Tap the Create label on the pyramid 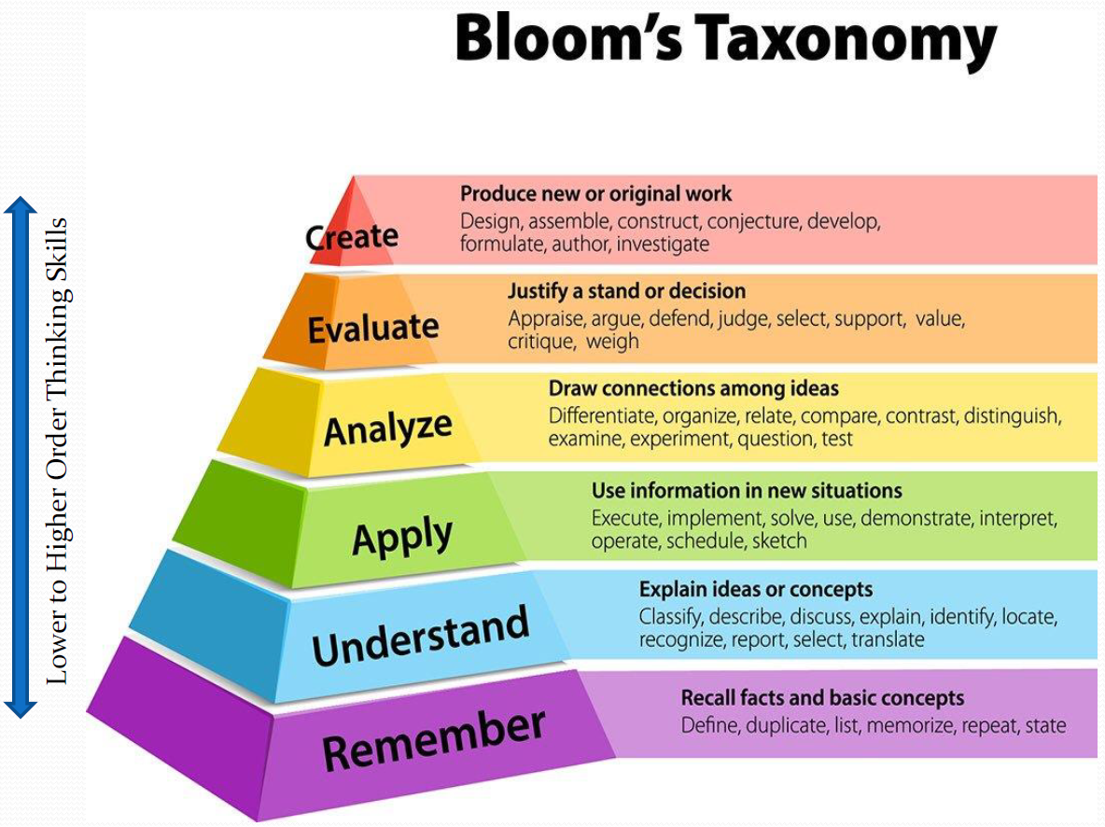tap(352, 237)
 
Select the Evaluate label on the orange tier tap(373, 328)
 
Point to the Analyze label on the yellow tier tap(387, 428)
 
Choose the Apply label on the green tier tap(402, 536)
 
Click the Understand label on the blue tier tap(421, 636)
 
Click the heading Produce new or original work tap(596, 194)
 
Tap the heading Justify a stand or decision tap(626, 291)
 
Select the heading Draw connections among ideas tap(693, 388)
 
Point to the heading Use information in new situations tap(747, 490)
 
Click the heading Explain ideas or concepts tap(756, 590)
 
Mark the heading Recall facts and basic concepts tap(822, 698)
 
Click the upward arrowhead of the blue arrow tap(21, 206)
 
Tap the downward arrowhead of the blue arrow tap(21, 708)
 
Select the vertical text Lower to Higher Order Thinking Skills tap(58, 451)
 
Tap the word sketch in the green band tap(778, 541)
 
